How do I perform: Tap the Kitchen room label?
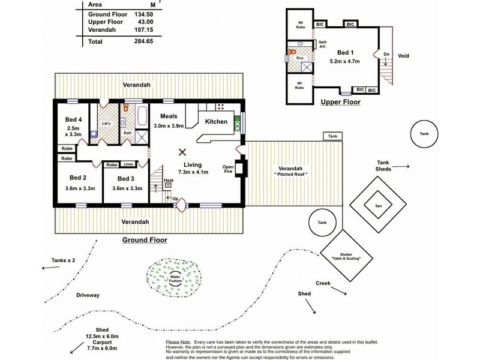coord(216,122)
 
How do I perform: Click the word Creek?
coord(323,283)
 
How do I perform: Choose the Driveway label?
coord(88,295)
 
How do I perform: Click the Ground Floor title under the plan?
coord(145,239)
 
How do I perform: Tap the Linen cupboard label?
coord(128,164)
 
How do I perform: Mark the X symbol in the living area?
coord(182,152)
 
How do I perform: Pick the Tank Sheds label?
coord(383,166)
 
